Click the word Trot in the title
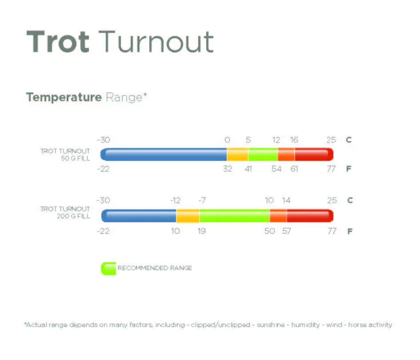[x=58, y=42]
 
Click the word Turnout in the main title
[x=156, y=42]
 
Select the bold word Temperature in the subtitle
[x=64, y=97]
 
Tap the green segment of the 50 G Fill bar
[x=263, y=155]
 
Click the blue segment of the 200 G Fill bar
[x=139, y=216]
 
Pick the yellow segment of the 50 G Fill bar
[x=237, y=155]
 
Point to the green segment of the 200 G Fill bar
[x=234, y=216]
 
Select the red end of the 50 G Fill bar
[x=314, y=155]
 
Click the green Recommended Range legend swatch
[x=108, y=268]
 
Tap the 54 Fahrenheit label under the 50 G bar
[x=276, y=169]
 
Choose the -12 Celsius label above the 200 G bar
[x=176, y=200]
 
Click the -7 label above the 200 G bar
[x=202, y=200]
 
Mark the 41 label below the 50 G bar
[x=248, y=169]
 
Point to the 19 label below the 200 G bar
[x=202, y=231]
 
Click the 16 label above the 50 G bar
[x=294, y=140]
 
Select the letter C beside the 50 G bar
[x=349, y=140]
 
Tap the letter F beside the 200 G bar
[x=350, y=231]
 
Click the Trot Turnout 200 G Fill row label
[x=65, y=212]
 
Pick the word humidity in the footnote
[x=306, y=325]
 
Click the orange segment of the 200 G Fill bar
[x=278, y=216]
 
